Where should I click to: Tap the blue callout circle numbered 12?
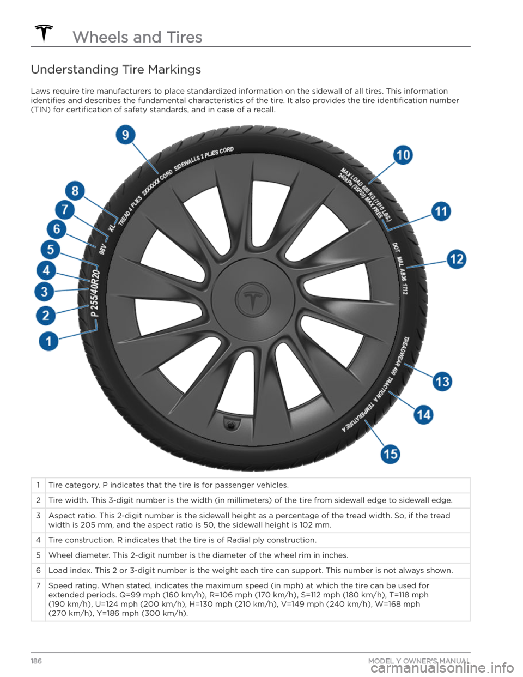[x=457, y=259]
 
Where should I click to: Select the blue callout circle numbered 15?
[x=390, y=454]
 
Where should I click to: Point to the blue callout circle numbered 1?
[x=48, y=342]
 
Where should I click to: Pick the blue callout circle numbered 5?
[x=50, y=250]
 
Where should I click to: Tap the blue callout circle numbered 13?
[x=442, y=381]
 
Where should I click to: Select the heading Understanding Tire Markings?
[x=116, y=70]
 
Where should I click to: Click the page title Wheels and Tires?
[x=137, y=37]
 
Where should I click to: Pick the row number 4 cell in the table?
[x=38, y=540]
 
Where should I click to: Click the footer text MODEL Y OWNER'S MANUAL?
[x=419, y=661]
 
